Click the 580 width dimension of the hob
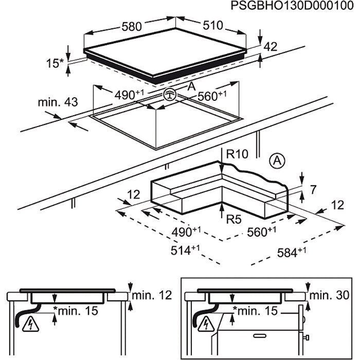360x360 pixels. click(132, 26)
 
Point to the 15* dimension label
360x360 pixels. click(55, 64)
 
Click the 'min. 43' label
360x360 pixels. click(58, 102)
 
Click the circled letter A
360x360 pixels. click(277, 161)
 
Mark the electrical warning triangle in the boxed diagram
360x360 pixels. click(207, 323)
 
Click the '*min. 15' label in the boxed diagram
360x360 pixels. click(255, 310)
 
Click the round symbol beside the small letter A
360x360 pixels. click(170, 95)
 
